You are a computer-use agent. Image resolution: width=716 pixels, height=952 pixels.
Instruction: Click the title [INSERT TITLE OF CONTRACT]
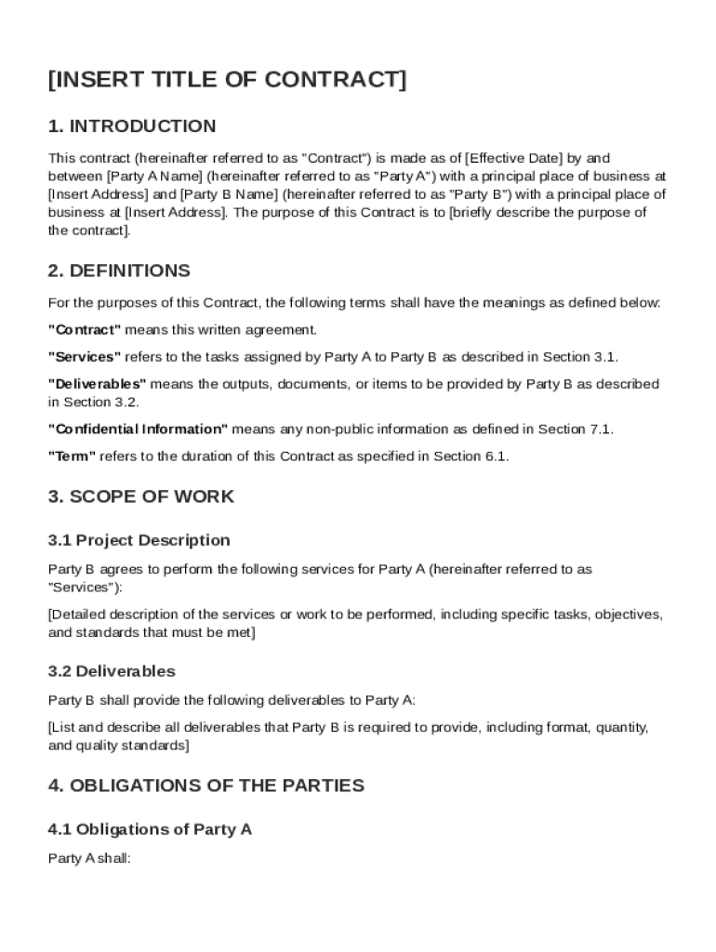tap(227, 81)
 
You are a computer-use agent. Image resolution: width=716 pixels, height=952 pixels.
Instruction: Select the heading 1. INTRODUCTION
tap(132, 126)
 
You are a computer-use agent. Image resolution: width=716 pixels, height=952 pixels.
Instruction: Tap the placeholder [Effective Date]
tap(514, 158)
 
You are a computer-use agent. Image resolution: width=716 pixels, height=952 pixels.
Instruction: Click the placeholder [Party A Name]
tap(155, 177)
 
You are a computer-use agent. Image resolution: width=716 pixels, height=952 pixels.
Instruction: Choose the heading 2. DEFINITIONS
tap(119, 271)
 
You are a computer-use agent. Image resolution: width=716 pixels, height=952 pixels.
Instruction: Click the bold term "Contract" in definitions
tap(85, 330)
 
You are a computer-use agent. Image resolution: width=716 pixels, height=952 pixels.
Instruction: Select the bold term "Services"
tap(85, 357)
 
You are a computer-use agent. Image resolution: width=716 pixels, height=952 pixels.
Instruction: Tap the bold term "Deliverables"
tap(98, 384)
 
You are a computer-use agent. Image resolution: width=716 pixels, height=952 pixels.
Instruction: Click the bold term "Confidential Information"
tap(138, 430)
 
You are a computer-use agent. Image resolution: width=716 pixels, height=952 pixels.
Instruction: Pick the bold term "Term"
tap(73, 456)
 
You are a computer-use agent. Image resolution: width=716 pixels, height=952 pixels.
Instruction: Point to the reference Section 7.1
tap(582, 430)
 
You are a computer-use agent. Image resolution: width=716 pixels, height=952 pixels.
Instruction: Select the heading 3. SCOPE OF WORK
tap(141, 496)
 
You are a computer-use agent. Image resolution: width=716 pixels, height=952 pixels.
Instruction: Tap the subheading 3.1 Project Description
tap(139, 540)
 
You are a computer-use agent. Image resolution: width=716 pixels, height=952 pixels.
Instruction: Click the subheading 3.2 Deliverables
tap(112, 671)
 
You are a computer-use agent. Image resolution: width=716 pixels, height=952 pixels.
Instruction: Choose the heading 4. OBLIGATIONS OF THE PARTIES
tap(206, 786)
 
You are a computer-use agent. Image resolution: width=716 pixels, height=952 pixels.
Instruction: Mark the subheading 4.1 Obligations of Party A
tap(151, 829)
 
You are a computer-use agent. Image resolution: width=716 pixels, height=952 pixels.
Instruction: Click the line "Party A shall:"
tap(89, 859)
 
